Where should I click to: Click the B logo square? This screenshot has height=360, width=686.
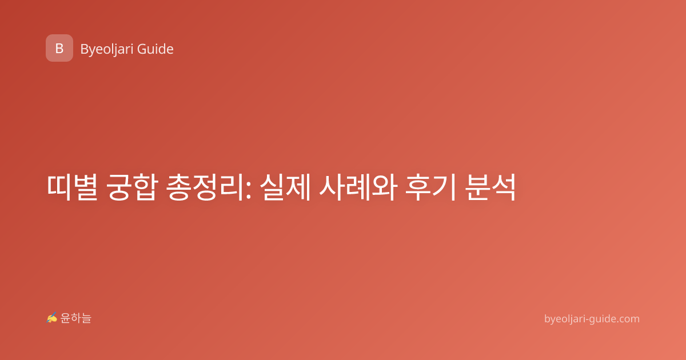coord(59,48)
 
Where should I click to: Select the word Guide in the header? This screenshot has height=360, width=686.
coord(155,49)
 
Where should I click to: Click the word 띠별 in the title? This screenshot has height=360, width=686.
coord(72,187)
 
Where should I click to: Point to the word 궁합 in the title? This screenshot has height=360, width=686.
coord(132,187)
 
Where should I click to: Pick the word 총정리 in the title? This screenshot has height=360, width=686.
coord(206,187)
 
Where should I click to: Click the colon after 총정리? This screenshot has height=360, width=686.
coord(248,190)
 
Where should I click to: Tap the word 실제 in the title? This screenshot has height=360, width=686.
coord(285,187)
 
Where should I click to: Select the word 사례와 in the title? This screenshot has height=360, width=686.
coord(358,187)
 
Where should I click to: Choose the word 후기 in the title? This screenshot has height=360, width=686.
coord(430,187)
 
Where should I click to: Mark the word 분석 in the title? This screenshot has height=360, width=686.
coord(490,187)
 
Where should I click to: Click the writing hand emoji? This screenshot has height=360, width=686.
coord(52,318)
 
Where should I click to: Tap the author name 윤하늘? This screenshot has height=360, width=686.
coord(75,318)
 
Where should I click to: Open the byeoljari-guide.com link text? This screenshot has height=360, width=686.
coord(592,319)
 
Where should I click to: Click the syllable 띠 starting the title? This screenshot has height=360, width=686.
coord(59,187)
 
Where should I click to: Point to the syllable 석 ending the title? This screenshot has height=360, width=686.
coord(504,187)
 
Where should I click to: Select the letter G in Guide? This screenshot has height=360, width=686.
coord(142,49)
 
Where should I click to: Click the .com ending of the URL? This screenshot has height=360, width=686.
coord(627,319)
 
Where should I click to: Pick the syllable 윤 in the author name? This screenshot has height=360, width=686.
coord(66,318)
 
